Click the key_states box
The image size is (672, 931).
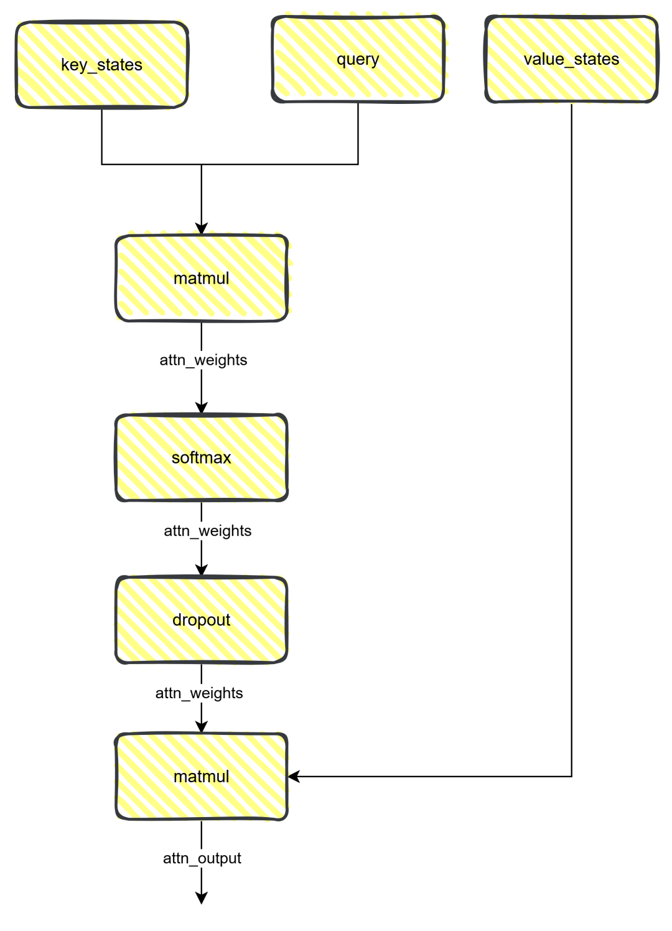coord(102,65)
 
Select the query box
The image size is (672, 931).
coord(358,59)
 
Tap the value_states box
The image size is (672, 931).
coord(571,59)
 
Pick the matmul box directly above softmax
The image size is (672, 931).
coord(202,278)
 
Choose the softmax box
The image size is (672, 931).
coord(202,457)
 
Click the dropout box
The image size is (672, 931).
coord(202,620)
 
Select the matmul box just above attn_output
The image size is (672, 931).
coord(202,777)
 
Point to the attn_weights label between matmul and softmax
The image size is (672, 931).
coord(203,360)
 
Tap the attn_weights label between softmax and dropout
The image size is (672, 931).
coord(208,531)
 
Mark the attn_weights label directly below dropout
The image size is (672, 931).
coord(199,693)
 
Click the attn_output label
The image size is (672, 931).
coord(202,858)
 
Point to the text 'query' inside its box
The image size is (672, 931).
coord(358,59)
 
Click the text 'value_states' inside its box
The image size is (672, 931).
coord(571,59)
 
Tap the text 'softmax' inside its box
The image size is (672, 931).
coord(202,457)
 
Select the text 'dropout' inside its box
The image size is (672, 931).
coord(202,620)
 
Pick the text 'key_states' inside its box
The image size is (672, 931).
coord(102,65)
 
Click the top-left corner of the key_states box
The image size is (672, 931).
coord(17,23)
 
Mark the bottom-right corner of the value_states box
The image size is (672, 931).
coord(657,101)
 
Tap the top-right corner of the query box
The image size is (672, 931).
coord(444,18)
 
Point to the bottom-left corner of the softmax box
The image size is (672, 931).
coord(117,500)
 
